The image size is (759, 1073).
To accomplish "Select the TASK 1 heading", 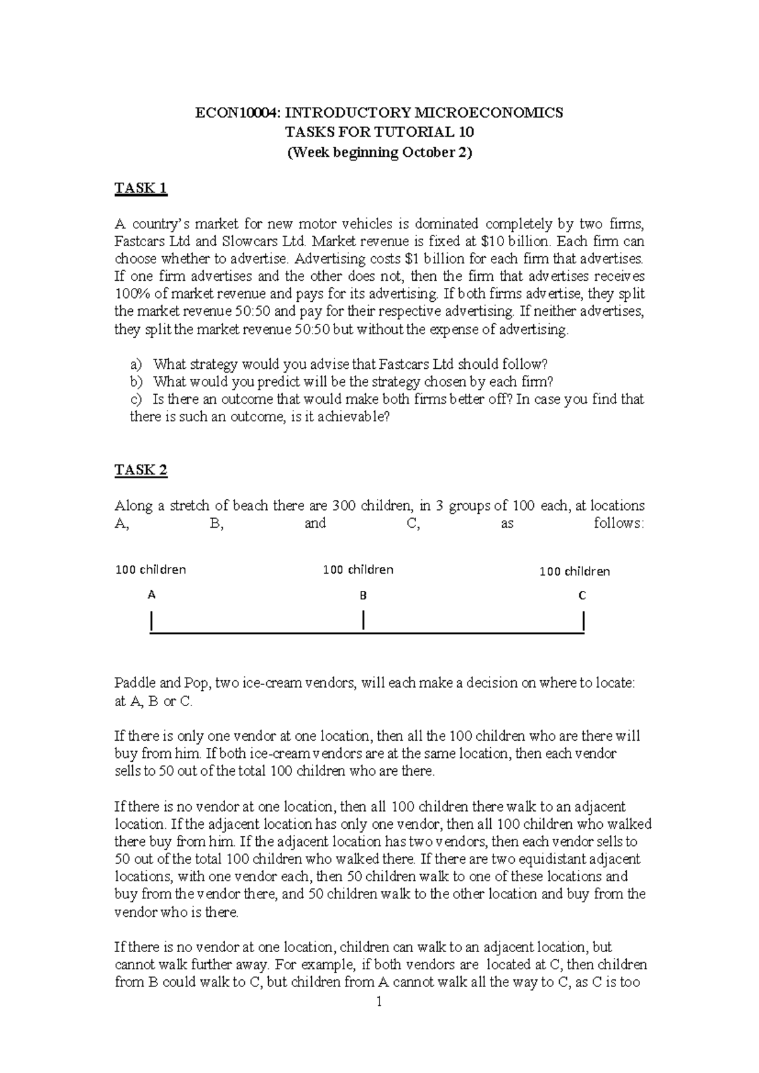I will pyautogui.click(x=140, y=188).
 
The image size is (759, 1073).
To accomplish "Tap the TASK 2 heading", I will pyautogui.click(x=140, y=469).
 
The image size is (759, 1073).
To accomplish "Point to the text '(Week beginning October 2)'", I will pyautogui.click(x=379, y=152).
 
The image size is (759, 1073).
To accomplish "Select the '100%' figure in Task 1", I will pyautogui.click(x=130, y=294).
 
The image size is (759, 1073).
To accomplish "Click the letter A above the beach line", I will pyautogui.click(x=151, y=595).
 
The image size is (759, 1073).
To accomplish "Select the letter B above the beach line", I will pyautogui.click(x=363, y=595).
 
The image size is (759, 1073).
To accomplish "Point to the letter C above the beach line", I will pyautogui.click(x=582, y=595).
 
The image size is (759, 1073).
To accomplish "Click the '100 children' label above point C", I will pyautogui.click(x=574, y=572).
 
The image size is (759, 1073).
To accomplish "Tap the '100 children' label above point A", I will pyautogui.click(x=151, y=569).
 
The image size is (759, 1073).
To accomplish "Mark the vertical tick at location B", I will pyautogui.click(x=364, y=620).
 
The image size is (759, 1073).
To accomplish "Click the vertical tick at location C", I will pyautogui.click(x=583, y=621).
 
